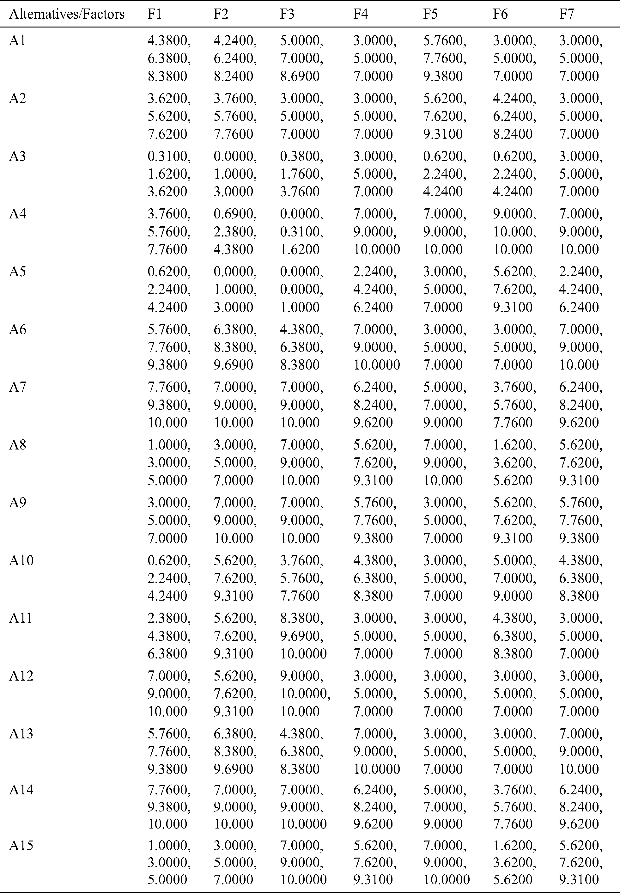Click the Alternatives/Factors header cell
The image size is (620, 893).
coord(66,14)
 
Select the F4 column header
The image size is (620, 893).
coord(361,14)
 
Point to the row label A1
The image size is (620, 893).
coord(17,40)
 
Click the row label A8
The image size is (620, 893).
coord(17,444)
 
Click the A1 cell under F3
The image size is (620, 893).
coord(301,58)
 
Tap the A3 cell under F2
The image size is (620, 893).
coord(235,174)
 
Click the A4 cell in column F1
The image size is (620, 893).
coord(169,232)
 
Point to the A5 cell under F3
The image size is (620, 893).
coord(301,289)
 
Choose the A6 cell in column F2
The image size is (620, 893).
coord(235,347)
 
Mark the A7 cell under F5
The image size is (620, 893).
coord(444,405)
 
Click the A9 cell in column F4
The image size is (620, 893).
coord(374,520)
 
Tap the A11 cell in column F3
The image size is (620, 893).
coord(303,636)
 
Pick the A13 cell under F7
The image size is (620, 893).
coord(580,751)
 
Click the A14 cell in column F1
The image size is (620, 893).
coord(169,807)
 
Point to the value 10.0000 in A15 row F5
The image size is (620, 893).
coord(446,879)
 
